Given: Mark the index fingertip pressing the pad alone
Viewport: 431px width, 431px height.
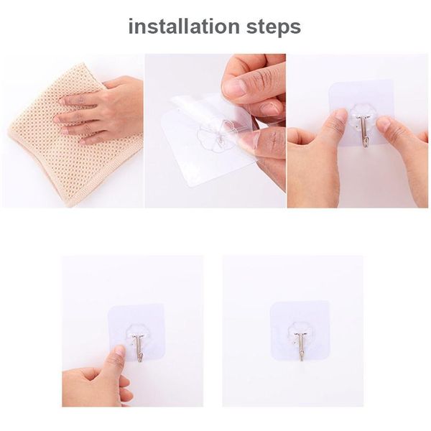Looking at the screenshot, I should [x=119, y=351].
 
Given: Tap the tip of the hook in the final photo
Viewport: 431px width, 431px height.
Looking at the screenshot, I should [x=301, y=357].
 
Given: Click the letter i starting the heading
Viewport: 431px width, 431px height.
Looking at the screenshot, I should [x=131, y=27].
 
